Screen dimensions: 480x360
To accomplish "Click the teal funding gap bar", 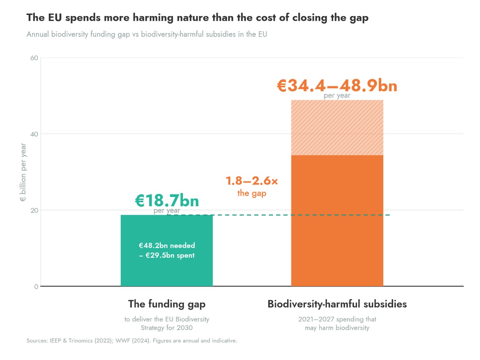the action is pos(166,250).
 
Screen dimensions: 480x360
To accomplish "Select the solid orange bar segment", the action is pos(337,220).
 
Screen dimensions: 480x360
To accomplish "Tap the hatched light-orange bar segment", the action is pos(337,127).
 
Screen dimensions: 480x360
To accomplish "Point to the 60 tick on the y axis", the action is pos(34,58).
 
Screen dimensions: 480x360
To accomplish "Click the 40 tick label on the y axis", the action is pos(34,134).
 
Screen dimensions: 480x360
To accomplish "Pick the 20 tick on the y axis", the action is pos(34,210).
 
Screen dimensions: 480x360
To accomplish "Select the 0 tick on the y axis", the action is pos(36,287).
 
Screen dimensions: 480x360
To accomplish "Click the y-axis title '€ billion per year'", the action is pos(23,172).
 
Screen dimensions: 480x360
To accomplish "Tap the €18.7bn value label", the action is pos(167,200).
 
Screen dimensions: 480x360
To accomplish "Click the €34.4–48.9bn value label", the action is pos(337,85).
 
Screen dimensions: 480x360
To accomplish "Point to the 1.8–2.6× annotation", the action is pos(252,181).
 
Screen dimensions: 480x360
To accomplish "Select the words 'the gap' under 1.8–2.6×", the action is pos(252,193).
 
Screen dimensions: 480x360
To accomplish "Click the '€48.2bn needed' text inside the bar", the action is pos(167,245).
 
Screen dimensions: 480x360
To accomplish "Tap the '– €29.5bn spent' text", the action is pos(167,255).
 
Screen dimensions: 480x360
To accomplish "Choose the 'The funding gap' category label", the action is pos(167,304).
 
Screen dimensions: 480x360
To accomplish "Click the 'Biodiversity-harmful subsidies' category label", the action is pos(337,304).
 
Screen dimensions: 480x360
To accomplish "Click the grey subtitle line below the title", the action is pos(147,34).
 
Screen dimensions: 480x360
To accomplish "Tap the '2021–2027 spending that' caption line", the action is pos(337,319).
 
